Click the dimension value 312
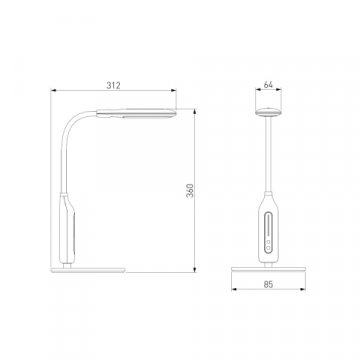click(113, 85)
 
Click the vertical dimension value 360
click(190, 190)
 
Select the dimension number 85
click(268, 284)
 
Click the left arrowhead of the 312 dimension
click(53, 90)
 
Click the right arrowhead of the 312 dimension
click(173, 90)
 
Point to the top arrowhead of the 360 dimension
click(194, 112)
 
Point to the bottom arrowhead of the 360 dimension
click(194, 269)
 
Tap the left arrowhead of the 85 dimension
click(234, 289)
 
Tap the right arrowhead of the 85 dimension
click(303, 289)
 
